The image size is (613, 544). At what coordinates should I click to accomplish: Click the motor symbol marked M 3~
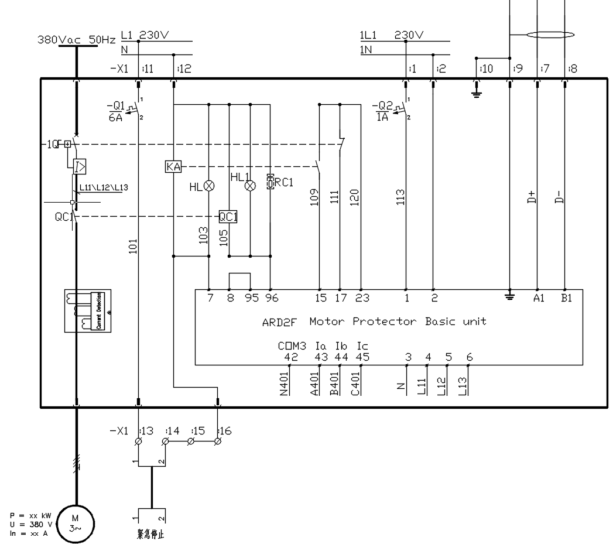point(75,522)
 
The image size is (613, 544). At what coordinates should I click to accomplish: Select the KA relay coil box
point(174,167)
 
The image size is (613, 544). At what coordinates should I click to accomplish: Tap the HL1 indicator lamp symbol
point(250,186)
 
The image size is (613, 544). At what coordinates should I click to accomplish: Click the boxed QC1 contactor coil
point(228,217)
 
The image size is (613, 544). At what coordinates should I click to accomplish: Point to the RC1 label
point(283,183)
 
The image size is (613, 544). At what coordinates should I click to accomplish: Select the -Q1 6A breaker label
point(115,111)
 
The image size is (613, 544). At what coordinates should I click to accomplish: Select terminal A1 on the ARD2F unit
point(539,298)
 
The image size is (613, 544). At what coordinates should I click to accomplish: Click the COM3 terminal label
point(292,346)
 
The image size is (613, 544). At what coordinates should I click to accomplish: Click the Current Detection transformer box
point(87,311)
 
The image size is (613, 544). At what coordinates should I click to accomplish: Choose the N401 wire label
point(285,384)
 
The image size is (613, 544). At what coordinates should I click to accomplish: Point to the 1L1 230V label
point(391,35)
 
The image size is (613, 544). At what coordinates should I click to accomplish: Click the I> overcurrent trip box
point(80,166)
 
